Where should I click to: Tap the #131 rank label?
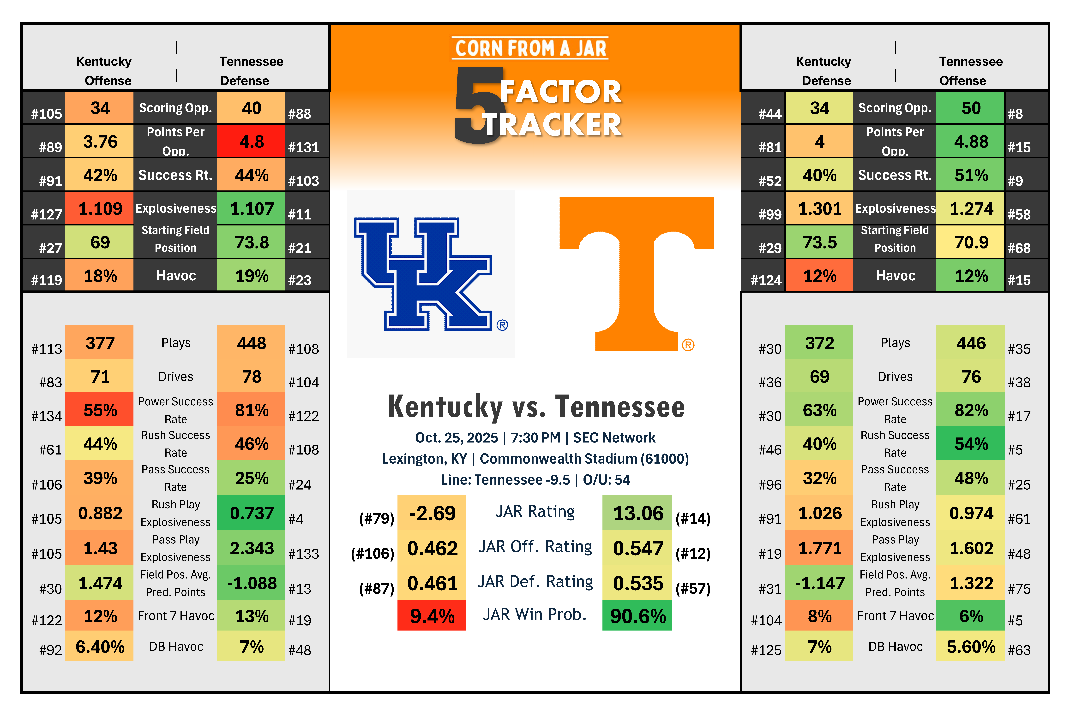(303, 147)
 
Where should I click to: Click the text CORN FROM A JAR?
(530, 48)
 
